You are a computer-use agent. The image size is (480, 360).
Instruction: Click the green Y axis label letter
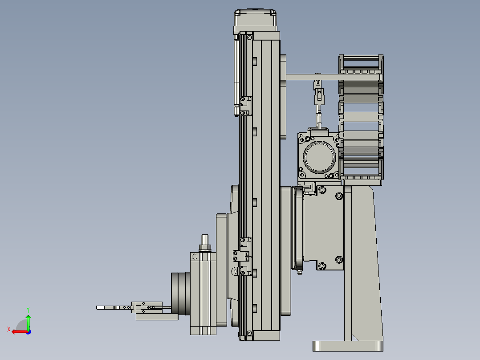click(x=28, y=310)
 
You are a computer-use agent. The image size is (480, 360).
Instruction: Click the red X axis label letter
click(x=9, y=329)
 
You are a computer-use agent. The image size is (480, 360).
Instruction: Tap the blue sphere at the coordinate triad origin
click(x=28, y=332)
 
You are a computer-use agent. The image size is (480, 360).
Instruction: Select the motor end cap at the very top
click(x=255, y=18)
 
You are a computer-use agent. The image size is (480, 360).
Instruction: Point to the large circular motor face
click(x=319, y=157)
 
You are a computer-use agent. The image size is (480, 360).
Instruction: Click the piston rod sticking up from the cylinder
click(x=204, y=240)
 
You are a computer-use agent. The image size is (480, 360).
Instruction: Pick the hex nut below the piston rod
click(x=205, y=248)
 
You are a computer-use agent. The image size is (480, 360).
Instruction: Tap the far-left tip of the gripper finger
click(x=97, y=307)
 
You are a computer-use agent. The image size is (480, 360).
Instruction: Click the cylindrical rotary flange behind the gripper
click(x=181, y=294)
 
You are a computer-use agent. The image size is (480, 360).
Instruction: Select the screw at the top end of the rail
click(x=249, y=37)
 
